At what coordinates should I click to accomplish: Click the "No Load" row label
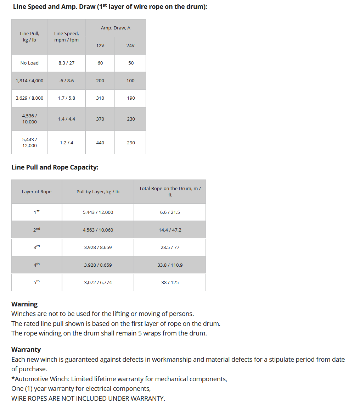click(x=29, y=63)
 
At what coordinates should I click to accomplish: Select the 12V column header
click(x=100, y=45)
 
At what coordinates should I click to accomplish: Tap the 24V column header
click(x=130, y=45)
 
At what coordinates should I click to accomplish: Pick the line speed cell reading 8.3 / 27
click(x=67, y=63)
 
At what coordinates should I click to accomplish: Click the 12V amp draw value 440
click(x=100, y=143)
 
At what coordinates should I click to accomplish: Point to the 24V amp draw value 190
click(x=131, y=98)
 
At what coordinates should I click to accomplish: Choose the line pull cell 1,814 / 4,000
click(x=29, y=81)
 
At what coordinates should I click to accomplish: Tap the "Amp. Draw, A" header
click(x=116, y=28)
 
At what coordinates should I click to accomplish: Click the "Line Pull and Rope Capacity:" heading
click(x=55, y=167)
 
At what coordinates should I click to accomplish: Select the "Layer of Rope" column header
click(x=36, y=192)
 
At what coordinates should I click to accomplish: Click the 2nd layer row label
click(x=36, y=229)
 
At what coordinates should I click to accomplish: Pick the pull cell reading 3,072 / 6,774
click(x=98, y=282)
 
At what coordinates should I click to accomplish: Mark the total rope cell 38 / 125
click(x=170, y=282)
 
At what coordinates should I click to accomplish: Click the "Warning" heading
click(x=24, y=304)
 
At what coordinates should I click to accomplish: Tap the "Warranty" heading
click(x=26, y=349)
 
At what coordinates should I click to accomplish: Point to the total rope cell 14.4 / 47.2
click(x=170, y=230)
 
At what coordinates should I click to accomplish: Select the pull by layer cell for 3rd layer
click(x=98, y=247)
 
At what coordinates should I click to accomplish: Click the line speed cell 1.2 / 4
click(x=67, y=143)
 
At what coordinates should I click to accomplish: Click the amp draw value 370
click(x=100, y=119)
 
